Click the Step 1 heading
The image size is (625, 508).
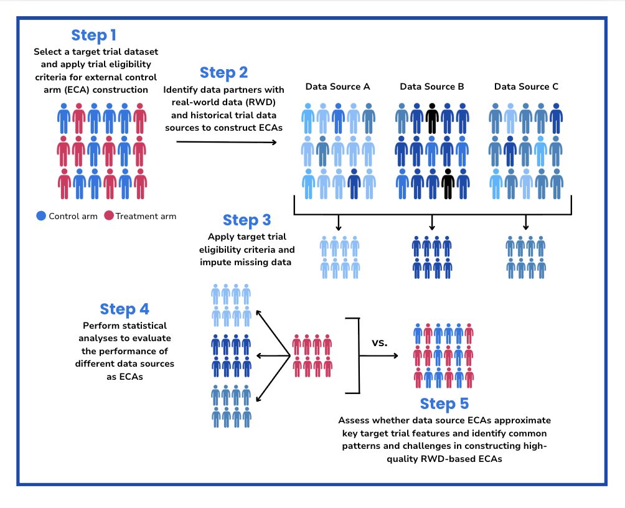93,35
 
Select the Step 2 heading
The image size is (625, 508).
223,73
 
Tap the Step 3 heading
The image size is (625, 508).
247,220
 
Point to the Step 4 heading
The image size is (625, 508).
125,309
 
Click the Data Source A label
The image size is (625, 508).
337,87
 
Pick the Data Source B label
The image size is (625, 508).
431,87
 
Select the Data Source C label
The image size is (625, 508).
526,87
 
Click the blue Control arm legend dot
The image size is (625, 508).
41,216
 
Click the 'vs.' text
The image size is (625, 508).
380,342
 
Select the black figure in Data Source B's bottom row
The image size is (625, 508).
447,182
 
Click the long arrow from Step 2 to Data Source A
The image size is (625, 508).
227,143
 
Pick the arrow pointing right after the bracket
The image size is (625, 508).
379,356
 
